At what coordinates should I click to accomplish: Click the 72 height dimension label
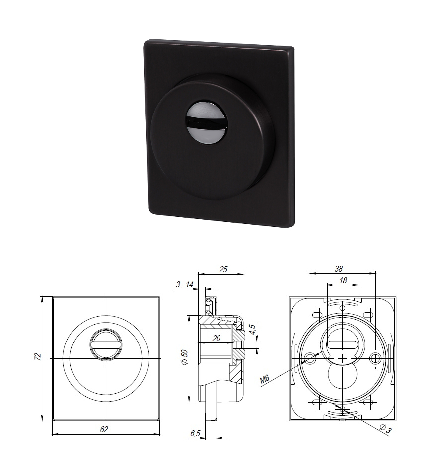[37, 356]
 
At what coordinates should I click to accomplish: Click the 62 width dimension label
[104, 429]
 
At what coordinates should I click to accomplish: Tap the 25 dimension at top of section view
[223, 269]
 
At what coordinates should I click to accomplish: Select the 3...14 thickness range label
[184, 284]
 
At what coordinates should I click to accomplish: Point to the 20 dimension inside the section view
[216, 338]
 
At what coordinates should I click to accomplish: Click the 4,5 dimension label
[252, 330]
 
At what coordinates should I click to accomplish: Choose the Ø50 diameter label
[184, 358]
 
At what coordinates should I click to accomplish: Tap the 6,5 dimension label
[195, 433]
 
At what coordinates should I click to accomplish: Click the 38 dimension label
[339, 269]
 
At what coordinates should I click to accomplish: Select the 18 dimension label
[343, 280]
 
